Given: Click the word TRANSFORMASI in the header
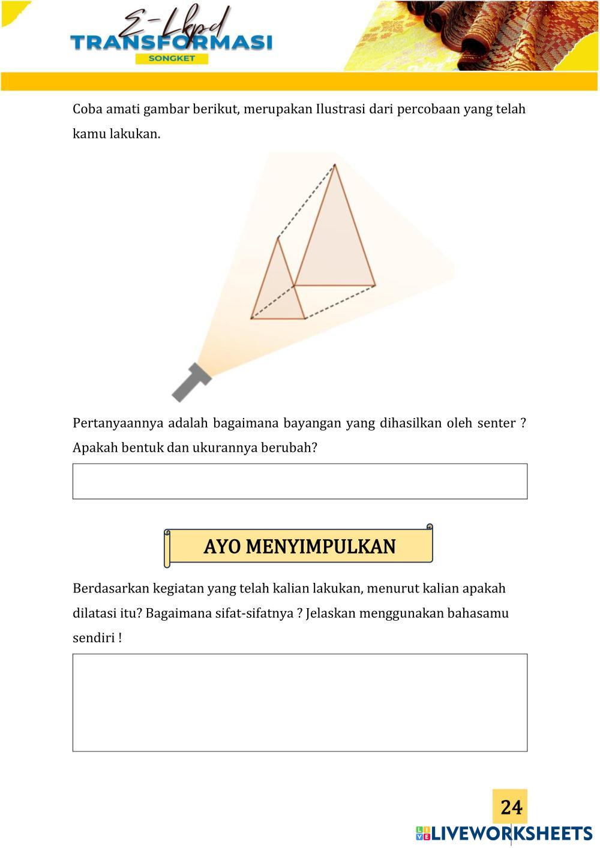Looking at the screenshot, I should pos(171,43).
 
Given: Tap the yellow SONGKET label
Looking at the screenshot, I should pos(172,59).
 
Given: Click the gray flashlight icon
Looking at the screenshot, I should pos(191,382).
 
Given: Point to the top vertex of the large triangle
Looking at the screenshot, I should pos(335,165).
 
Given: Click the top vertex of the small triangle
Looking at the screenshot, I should pos(278,238).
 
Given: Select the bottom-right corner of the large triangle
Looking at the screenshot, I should pos(375,285).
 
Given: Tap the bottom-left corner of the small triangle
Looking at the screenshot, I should pos(251,318).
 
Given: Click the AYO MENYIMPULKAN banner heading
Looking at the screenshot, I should pos(299,546).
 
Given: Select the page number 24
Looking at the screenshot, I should pos(511,807).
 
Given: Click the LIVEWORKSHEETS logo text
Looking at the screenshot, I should pos(511,833).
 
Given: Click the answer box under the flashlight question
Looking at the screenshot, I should pos(300,481).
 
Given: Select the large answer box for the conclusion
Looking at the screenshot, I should pos(300,702).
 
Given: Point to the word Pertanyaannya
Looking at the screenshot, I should pos(118,423).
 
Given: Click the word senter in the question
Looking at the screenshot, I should pos(496,423).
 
